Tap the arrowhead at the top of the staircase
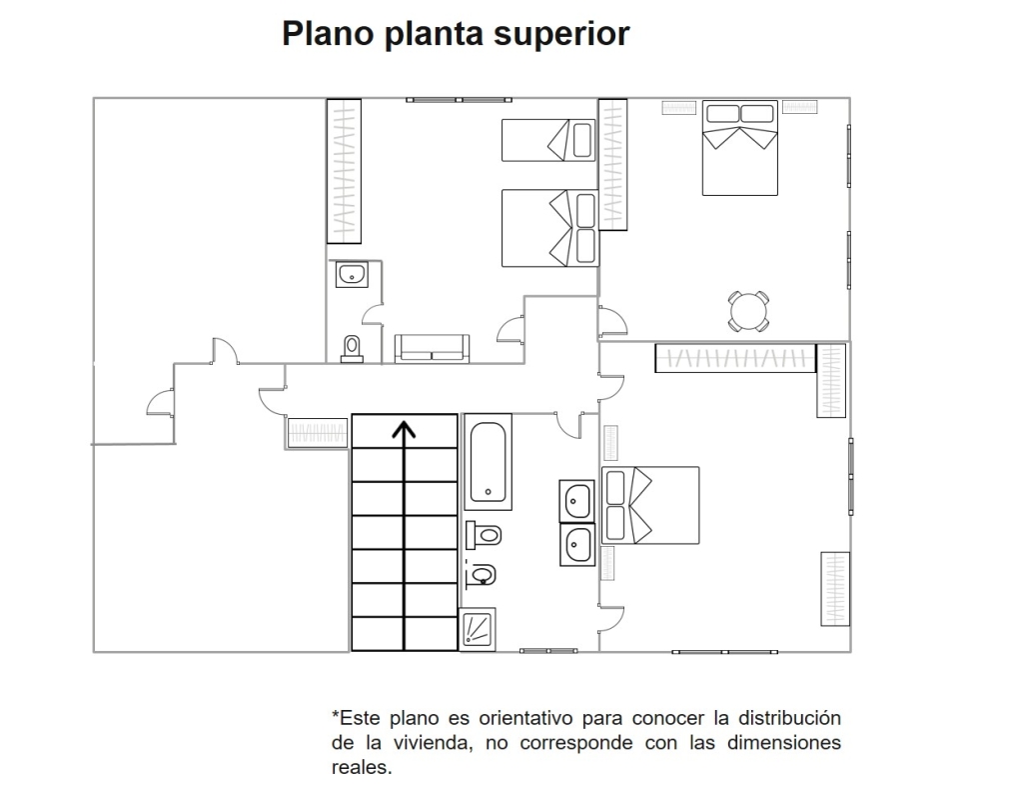tap(404, 429)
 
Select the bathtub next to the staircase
tap(488, 462)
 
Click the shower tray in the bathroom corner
tap(478, 628)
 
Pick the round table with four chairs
tap(748, 312)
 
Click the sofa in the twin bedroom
tap(432, 348)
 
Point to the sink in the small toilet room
tap(352, 274)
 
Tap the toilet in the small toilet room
tap(352, 348)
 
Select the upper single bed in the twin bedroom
tap(548, 140)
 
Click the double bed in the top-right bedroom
tap(740, 147)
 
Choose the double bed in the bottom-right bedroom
tap(650, 505)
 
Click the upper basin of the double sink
tap(577, 500)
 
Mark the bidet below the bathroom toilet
tap(482, 574)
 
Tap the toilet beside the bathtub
tap(484, 535)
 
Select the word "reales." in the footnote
tap(362, 768)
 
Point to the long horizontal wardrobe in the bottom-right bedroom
tap(735, 358)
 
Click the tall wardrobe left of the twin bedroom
tap(344, 171)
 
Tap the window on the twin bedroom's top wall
tap(459, 100)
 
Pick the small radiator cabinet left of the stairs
tap(309, 433)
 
